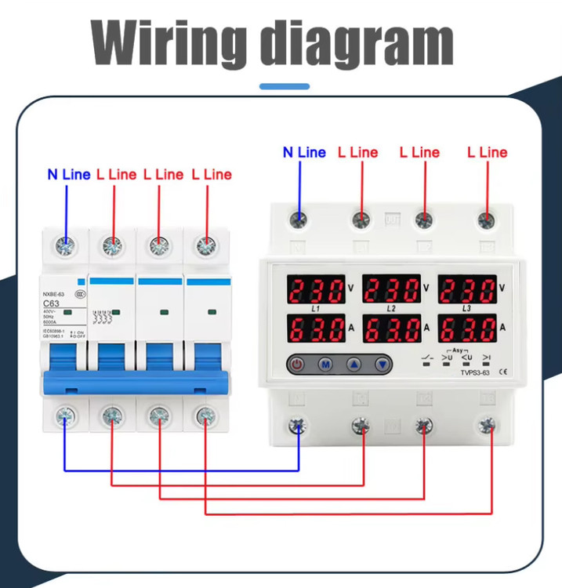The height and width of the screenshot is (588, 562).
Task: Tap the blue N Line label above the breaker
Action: click(69, 174)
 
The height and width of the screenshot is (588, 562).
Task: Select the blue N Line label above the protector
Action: click(304, 152)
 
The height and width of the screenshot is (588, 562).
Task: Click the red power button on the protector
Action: click(298, 364)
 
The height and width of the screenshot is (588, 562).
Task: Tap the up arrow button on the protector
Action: click(354, 364)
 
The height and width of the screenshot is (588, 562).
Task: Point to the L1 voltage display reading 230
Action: click(317, 290)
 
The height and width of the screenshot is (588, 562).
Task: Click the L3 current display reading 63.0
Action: click(467, 328)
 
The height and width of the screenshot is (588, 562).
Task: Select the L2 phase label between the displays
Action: click(391, 309)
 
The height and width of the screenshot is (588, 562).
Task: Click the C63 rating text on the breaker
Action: click(53, 303)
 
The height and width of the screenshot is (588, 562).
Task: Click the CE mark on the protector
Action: click(503, 373)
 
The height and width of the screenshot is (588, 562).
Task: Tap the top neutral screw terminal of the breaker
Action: click(66, 246)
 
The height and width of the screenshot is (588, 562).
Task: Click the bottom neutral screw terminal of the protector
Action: click(299, 426)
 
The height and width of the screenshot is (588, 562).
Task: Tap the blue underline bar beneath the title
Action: click(284, 86)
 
